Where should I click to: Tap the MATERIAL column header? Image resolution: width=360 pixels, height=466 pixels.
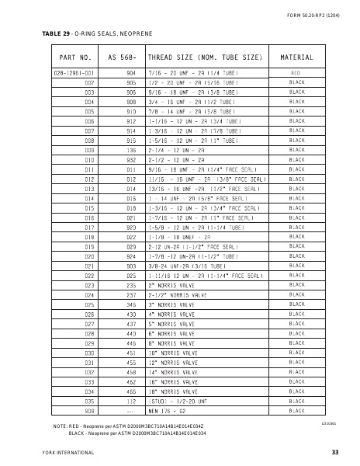pyautogui.click(x=296, y=58)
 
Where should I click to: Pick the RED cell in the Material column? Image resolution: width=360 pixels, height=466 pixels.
pyautogui.click(x=296, y=71)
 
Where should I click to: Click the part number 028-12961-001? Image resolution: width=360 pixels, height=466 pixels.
pyautogui.click(x=74, y=71)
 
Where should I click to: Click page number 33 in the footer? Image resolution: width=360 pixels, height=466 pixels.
pyautogui.click(x=334, y=451)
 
